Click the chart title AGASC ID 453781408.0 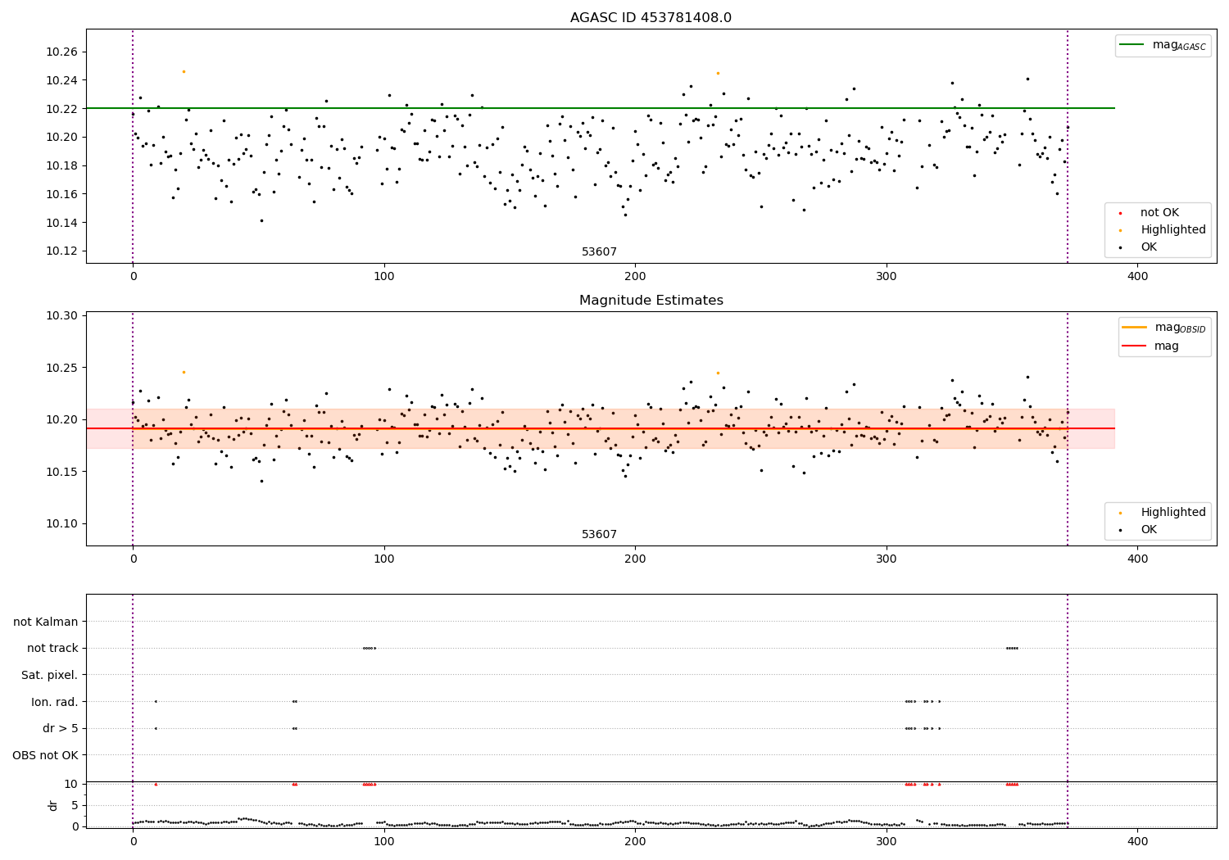[651, 18]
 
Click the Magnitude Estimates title [651, 301]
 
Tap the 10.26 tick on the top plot [63, 52]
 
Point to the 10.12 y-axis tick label [63, 251]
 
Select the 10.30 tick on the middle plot [63, 316]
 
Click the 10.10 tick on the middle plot [63, 524]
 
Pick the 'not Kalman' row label [46, 622]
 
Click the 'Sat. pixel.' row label [49, 675]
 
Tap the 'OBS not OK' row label [45, 755]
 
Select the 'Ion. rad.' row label [55, 702]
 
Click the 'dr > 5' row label [61, 728]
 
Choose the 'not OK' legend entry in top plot [1159, 213]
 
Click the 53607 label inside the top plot [599, 252]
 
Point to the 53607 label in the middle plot [599, 535]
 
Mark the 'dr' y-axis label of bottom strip [53, 805]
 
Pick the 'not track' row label [52, 648]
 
